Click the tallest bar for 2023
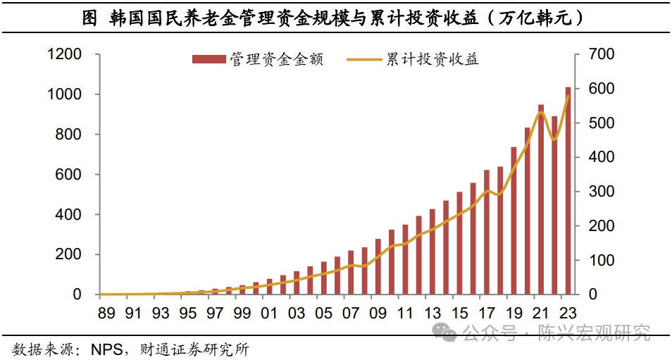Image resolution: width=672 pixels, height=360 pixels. [568, 191]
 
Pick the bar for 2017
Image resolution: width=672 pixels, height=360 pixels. [487, 232]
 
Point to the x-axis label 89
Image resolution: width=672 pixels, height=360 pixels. [106, 312]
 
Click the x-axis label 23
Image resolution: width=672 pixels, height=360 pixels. [568, 312]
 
